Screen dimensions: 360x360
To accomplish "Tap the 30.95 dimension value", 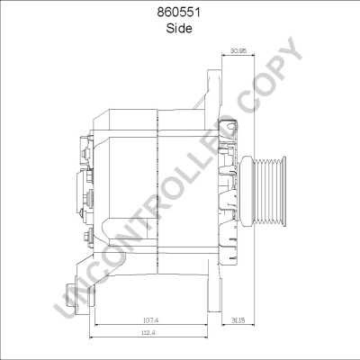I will (x=239, y=51).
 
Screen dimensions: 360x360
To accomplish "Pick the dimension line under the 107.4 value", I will (x=154, y=326).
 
